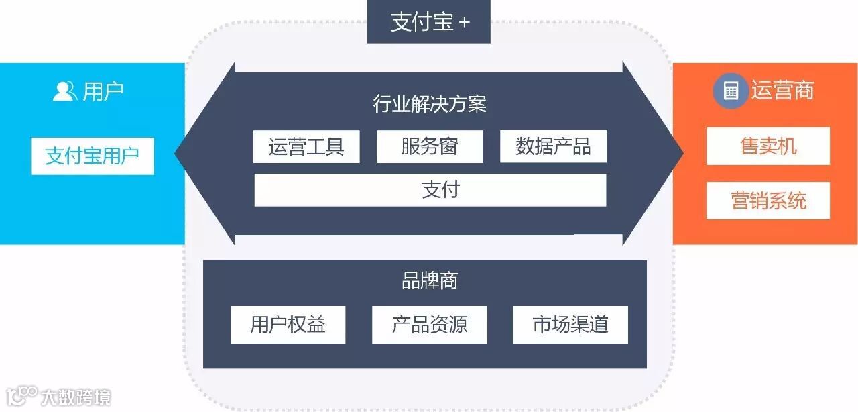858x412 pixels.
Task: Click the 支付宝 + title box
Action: pyautogui.click(x=429, y=22)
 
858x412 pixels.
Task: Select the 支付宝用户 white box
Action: pyautogui.click(x=92, y=156)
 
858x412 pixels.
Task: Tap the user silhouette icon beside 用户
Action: pyautogui.click(x=64, y=91)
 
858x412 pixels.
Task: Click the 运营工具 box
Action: pyautogui.click(x=306, y=146)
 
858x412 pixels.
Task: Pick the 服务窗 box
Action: pyautogui.click(x=429, y=146)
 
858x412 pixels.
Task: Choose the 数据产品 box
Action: pyautogui.click(x=553, y=146)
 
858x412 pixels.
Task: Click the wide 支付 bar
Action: pyautogui.click(x=430, y=190)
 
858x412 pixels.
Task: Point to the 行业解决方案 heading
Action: pyautogui.click(x=429, y=104)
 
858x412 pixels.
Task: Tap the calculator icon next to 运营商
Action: pyautogui.click(x=730, y=91)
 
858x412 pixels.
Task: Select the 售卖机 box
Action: pyautogui.click(x=768, y=146)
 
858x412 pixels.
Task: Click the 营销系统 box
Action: pyautogui.click(x=768, y=201)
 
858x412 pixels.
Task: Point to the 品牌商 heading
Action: pyautogui.click(x=429, y=280)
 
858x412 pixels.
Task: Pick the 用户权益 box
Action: pyautogui.click(x=288, y=325)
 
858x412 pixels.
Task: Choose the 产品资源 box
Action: pyautogui.click(x=429, y=325)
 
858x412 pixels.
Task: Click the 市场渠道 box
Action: pyautogui.click(x=570, y=325)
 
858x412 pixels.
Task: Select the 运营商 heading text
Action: pyautogui.click(x=782, y=91)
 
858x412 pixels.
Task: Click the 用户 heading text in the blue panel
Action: pyautogui.click(x=103, y=91)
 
